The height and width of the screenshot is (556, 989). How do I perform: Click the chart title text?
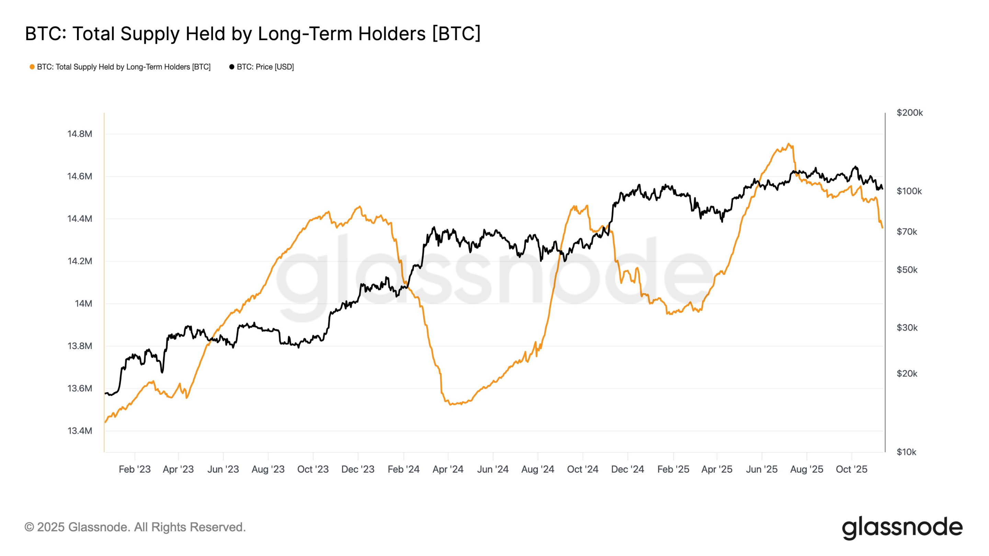click(x=253, y=34)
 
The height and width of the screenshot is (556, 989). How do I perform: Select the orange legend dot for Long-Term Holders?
click(x=32, y=67)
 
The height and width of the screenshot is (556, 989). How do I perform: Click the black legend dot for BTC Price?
click(x=231, y=67)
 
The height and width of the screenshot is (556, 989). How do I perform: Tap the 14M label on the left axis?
click(x=83, y=304)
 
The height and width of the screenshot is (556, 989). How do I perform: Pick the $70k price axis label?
click(x=907, y=232)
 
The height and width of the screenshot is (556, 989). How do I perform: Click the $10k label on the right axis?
click(x=906, y=452)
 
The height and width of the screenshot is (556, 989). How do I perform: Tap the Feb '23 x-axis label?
click(x=134, y=469)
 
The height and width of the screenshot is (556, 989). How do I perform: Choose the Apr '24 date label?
click(x=448, y=469)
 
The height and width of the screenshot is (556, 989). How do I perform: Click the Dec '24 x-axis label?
click(x=627, y=469)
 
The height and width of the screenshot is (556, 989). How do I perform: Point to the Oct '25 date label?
click(x=851, y=469)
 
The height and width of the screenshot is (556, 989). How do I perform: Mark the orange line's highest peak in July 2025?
click(x=788, y=144)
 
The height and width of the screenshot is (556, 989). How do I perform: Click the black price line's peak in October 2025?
click(x=855, y=166)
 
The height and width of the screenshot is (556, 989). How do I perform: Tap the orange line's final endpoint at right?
click(x=882, y=228)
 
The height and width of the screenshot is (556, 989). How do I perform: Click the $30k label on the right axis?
click(x=907, y=328)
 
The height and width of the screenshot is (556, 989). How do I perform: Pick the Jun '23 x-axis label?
click(x=223, y=469)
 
